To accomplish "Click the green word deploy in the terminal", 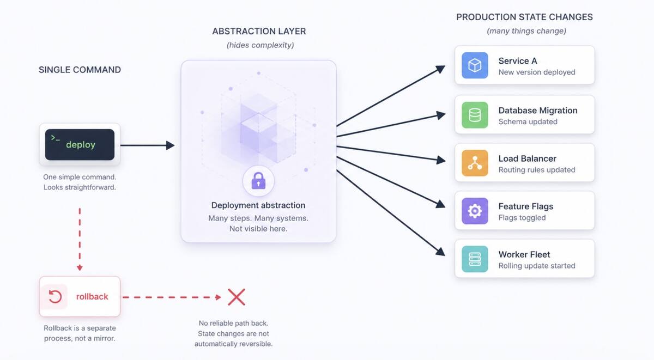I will pyautogui.click(x=80, y=145).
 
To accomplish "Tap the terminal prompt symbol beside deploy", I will pyautogui.click(x=55, y=138).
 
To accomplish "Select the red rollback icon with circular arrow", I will pyautogui.click(x=55, y=297).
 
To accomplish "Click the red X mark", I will pyautogui.click(x=236, y=297).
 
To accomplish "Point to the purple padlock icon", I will pyautogui.click(x=258, y=181).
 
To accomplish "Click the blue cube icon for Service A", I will pyautogui.click(x=475, y=66).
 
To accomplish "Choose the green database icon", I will pyautogui.click(x=475, y=115).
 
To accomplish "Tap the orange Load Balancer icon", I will pyautogui.click(x=475, y=163).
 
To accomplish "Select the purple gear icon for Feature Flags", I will pyautogui.click(x=475, y=211).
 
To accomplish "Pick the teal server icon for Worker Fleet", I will pyautogui.click(x=475, y=259).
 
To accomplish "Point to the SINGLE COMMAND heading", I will pyautogui.click(x=80, y=70).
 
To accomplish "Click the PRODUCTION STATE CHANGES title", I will pyautogui.click(x=524, y=17).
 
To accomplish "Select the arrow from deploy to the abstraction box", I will pyautogui.click(x=147, y=145).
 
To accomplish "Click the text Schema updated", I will pyautogui.click(x=528, y=122).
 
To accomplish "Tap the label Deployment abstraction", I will pyautogui.click(x=258, y=205).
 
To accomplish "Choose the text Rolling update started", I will pyautogui.click(x=536, y=266).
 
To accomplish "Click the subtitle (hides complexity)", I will pyautogui.click(x=260, y=45).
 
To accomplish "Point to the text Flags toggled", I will pyautogui.click(x=522, y=218).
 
